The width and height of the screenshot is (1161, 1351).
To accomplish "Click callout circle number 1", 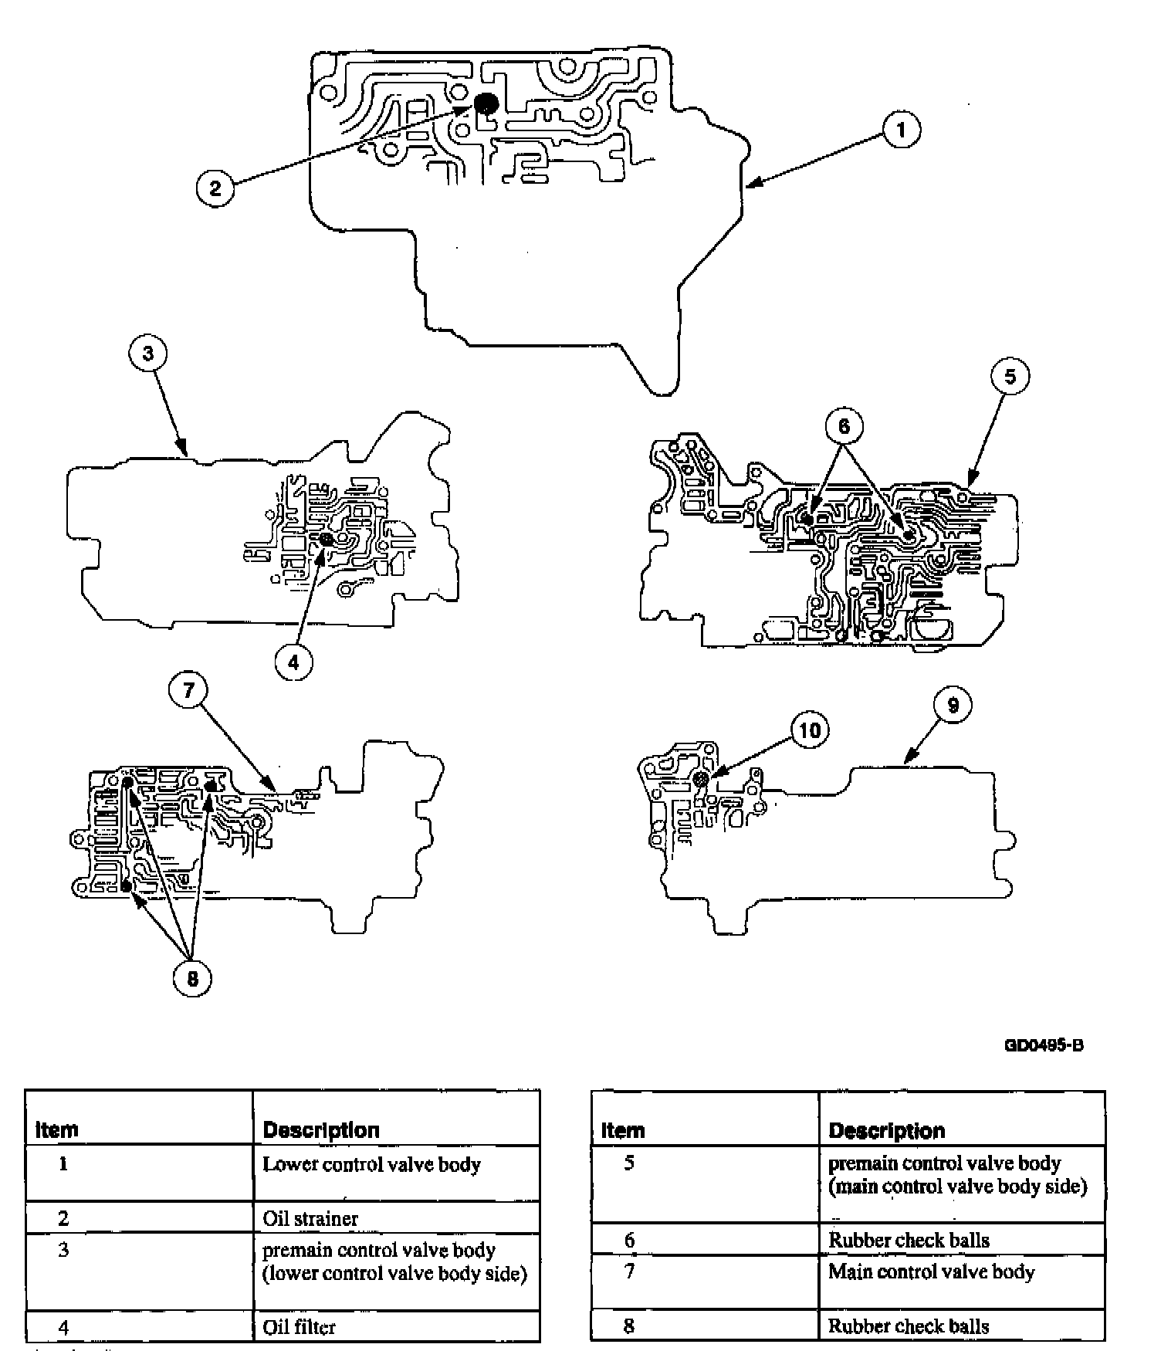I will pyautogui.click(x=900, y=130).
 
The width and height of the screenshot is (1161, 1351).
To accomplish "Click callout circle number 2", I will pyautogui.click(x=215, y=188).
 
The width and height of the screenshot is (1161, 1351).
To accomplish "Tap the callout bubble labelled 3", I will pyautogui.click(x=148, y=354).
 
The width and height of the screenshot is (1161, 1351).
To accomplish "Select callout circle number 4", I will pyautogui.click(x=293, y=662).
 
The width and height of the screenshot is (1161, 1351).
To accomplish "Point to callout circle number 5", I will pyautogui.click(x=1010, y=376).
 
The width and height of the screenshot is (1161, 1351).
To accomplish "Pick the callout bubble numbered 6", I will pyautogui.click(x=844, y=426).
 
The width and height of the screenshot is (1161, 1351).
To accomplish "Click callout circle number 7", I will pyautogui.click(x=190, y=690).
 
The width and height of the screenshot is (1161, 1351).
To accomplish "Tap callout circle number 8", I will pyautogui.click(x=192, y=978).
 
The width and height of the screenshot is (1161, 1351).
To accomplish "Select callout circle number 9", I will pyautogui.click(x=953, y=705).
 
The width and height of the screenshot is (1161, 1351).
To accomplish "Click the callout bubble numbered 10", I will pyautogui.click(x=810, y=730).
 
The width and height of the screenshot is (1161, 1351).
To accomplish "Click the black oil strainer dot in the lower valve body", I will pyautogui.click(x=486, y=103).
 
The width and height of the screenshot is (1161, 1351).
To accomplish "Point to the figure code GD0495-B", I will pyautogui.click(x=1044, y=1045).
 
